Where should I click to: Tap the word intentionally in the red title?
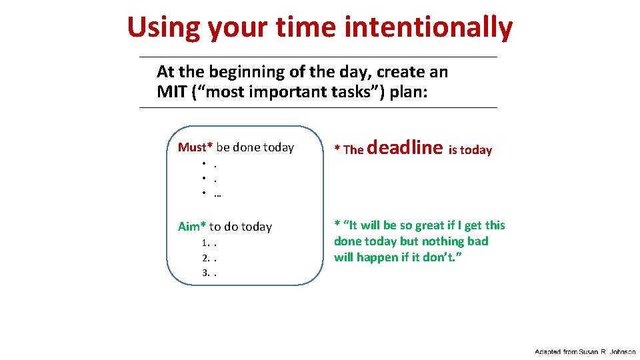pos(429,28)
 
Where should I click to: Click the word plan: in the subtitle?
pos(411,92)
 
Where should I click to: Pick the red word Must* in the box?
pos(195,147)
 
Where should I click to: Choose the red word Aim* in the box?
pos(192,227)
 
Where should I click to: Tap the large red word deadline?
pos(405,147)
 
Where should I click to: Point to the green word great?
pos(415,225)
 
